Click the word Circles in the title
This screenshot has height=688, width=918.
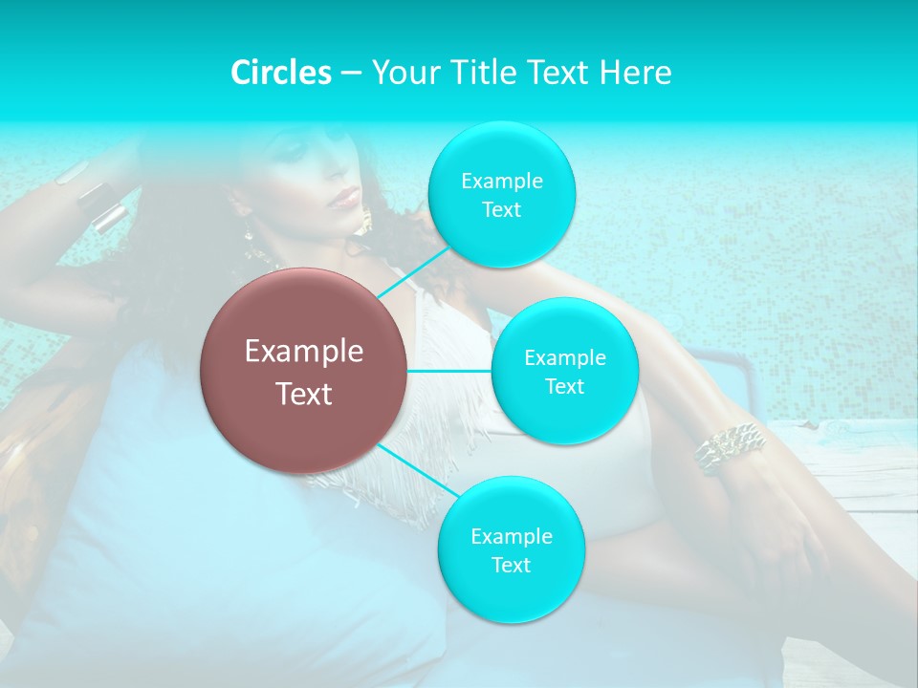click(x=280, y=73)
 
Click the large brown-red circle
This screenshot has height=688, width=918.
click(x=304, y=371)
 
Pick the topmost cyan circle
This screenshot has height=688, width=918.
click(x=501, y=194)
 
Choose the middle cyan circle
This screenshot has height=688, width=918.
click(x=564, y=371)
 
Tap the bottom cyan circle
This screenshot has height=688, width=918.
click(x=511, y=549)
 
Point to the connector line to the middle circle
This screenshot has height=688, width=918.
click(x=449, y=370)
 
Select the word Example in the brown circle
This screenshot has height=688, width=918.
click(x=304, y=351)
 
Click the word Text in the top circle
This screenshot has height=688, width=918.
click(x=501, y=209)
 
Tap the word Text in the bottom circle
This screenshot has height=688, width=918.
click(x=511, y=565)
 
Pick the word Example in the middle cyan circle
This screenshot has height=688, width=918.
click(x=564, y=357)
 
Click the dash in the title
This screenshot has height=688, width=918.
click(x=350, y=74)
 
